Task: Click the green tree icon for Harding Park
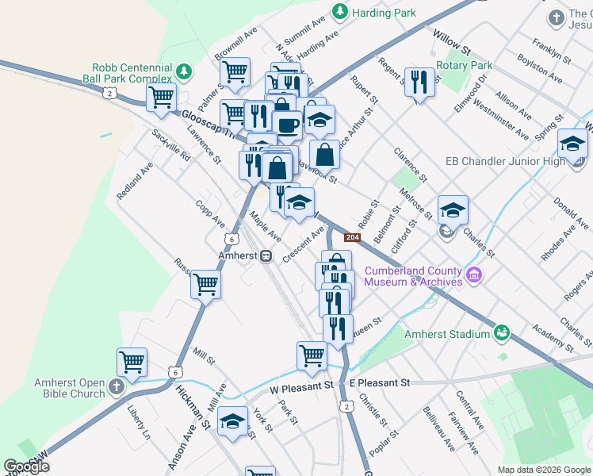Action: pyautogui.click(x=340, y=12)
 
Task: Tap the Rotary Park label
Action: pyautogui.click(x=469, y=66)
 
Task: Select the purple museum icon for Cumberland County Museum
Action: pyautogui.click(x=475, y=275)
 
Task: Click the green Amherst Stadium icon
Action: pyautogui.click(x=501, y=332)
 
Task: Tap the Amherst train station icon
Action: pyautogui.click(x=267, y=255)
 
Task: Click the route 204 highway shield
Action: pyautogui.click(x=353, y=237)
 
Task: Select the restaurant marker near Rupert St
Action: pyautogui.click(x=419, y=81)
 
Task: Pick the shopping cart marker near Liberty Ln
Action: pyautogui.click(x=132, y=362)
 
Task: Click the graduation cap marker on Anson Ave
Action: pyautogui.click(x=232, y=421)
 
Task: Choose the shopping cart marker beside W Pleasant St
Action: pyautogui.click(x=312, y=355)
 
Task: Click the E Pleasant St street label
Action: pyautogui.click(x=379, y=383)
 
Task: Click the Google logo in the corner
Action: pyautogui.click(x=26, y=466)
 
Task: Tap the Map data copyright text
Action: pyautogui.click(x=544, y=470)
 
